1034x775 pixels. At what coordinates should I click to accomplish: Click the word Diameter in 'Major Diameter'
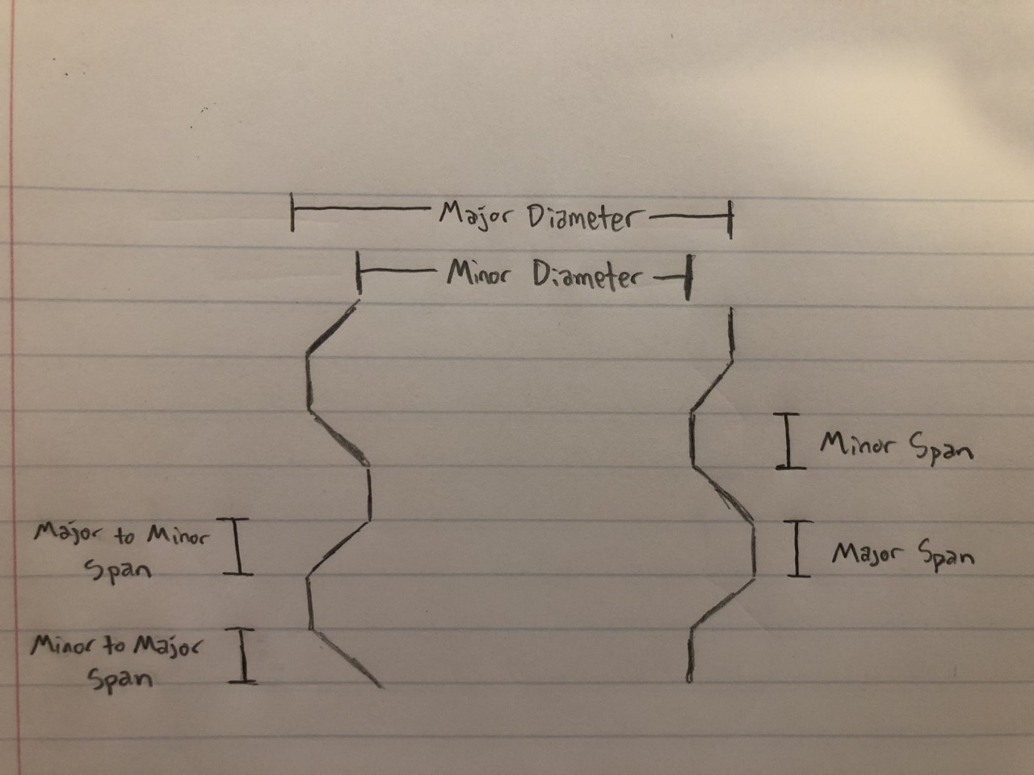tap(585, 219)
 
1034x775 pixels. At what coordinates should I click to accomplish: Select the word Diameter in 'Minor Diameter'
tap(586, 276)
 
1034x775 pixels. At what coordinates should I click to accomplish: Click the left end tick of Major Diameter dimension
tap(292, 212)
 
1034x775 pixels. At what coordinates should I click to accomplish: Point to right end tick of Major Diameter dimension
tap(730, 220)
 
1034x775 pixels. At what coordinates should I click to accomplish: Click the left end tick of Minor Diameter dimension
tap(359, 273)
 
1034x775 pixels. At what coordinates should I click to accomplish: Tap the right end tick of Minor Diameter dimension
tap(689, 278)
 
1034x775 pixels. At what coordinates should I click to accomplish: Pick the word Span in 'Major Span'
tap(945, 559)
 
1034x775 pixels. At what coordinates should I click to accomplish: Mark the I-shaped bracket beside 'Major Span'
tap(798, 549)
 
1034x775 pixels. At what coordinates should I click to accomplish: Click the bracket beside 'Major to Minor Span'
tap(237, 547)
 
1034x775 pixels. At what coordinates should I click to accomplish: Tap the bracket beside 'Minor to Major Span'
tap(243, 656)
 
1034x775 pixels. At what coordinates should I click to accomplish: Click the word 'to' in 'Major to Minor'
tap(125, 535)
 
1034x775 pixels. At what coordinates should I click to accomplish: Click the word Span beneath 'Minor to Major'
tap(120, 680)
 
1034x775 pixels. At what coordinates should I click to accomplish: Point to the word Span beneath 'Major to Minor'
tap(118, 571)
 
